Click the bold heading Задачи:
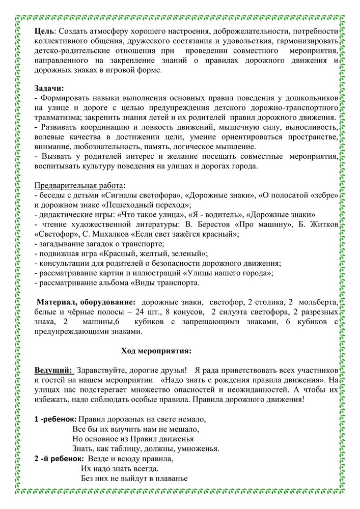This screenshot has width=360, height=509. pos(49,88)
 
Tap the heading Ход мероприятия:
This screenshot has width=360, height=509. pos(156,351)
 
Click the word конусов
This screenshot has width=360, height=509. pos(188,312)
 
